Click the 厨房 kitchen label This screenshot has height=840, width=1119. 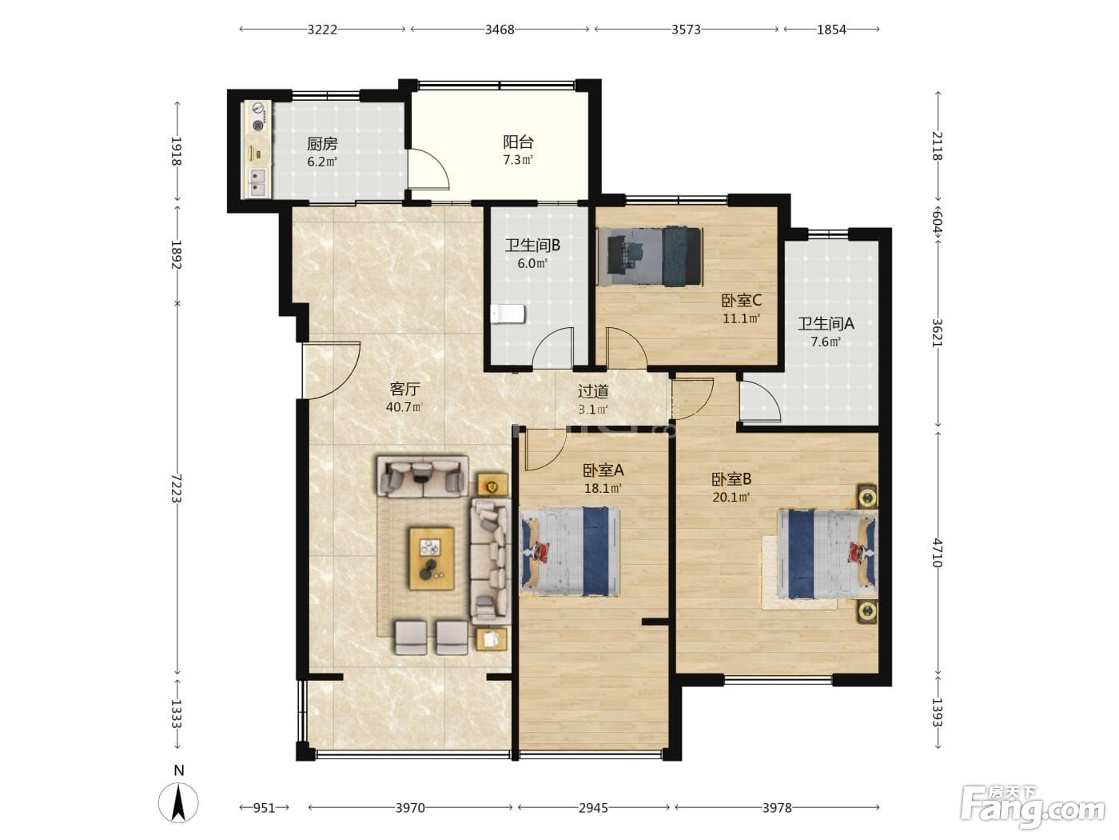321,144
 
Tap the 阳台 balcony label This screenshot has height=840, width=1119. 518,142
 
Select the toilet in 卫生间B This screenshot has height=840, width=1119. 508,314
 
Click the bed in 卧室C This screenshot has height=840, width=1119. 650,257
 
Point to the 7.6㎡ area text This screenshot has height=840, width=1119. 826,342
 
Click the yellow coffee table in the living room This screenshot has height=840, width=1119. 432,559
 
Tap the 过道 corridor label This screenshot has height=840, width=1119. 593,391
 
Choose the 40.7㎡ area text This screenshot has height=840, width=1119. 404,407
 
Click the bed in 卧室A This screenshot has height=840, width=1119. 569,552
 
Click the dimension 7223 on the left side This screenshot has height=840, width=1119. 176,487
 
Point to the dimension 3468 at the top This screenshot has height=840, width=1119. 500,30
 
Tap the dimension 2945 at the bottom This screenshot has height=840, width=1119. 593,808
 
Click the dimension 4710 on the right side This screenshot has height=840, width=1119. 937,553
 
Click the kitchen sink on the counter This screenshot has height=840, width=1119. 258,182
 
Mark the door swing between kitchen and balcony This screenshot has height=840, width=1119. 428,169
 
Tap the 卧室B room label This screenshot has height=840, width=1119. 731,479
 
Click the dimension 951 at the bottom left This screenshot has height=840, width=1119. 264,808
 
